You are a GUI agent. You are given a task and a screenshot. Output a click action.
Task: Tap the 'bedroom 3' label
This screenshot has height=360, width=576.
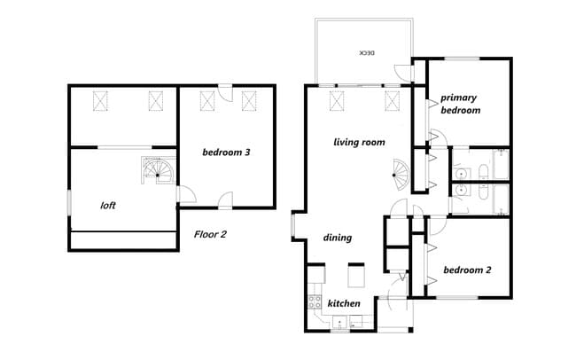[x=226, y=153]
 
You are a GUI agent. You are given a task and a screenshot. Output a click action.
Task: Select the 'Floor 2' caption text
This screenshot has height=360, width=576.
[x=211, y=235]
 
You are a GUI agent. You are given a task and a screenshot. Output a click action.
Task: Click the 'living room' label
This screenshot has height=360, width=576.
[x=359, y=142]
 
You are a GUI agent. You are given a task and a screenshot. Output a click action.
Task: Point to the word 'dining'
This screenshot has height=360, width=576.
[x=338, y=238]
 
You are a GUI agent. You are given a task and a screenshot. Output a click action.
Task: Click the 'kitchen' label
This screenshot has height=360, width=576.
[x=344, y=304]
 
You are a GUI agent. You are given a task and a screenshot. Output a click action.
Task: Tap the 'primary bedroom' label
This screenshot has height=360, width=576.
[x=461, y=105]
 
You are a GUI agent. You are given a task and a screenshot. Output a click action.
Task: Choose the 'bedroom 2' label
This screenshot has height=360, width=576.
[x=467, y=270]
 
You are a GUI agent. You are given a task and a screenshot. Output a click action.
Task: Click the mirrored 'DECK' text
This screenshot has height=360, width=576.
[x=365, y=53]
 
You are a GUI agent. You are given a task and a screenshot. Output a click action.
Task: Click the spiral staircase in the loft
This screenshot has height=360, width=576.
[x=156, y=170]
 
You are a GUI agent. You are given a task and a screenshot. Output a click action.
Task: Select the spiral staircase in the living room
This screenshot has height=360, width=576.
[x=401, y=174]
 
